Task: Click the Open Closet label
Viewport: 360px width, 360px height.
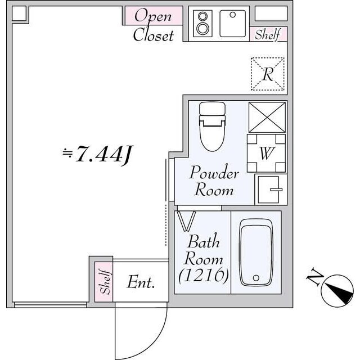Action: (x=153, y=25)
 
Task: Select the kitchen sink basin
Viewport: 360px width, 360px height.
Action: (x=231, y=23)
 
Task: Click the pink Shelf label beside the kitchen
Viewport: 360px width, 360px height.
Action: (x=268, y=34)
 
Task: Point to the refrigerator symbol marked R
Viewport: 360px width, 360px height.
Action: (x=268, y=74)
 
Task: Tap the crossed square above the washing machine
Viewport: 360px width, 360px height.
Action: (x=267, y=117)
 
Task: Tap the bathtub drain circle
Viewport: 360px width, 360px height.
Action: (x=256, y=277)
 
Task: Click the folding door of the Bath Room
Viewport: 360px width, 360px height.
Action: (x=186, y=219)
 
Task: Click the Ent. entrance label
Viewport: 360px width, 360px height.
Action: (x=141, y=282)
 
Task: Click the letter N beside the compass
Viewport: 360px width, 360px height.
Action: (x=314, y=278)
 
